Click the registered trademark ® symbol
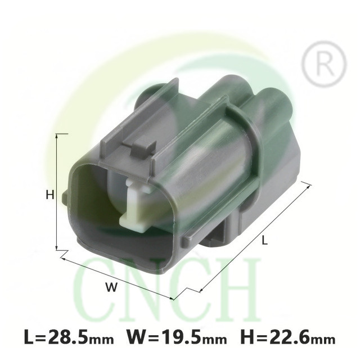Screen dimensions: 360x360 [324, 64]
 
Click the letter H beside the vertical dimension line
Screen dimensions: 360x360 [50, 195]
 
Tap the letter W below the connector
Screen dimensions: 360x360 [111, 287]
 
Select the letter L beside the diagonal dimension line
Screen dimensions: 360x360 [265, 240]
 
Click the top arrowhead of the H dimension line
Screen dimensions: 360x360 [57, 136]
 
